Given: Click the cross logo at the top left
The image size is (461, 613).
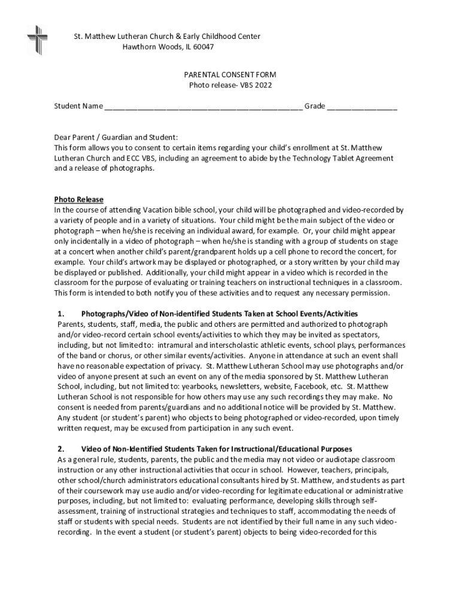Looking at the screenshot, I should click(37, 40).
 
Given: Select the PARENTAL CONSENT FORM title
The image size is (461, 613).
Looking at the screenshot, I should click(230, 75).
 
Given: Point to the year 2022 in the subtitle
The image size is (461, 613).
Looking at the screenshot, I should click(262, 85).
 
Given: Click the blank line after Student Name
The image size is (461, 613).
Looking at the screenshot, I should click(203, 107).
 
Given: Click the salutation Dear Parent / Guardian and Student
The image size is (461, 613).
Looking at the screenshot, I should click(116, 137).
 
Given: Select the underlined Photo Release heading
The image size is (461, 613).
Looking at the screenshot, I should click(78, 199).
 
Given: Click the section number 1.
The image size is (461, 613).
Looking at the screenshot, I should click(60, 314).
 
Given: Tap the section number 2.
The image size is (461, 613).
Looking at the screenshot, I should click(60, 449).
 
